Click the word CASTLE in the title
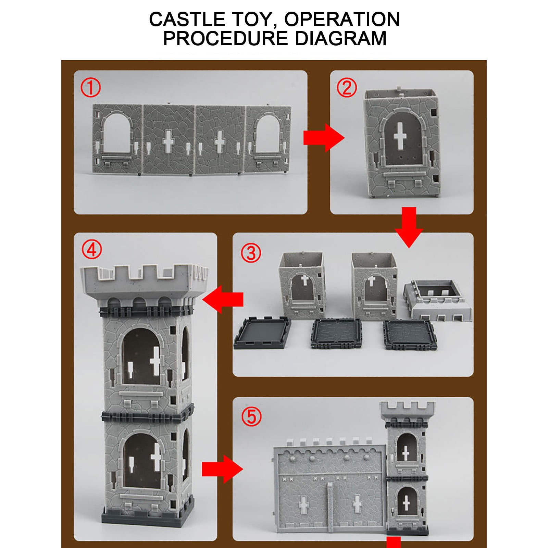187,19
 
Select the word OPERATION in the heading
342,19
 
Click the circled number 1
91,87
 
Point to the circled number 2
347,88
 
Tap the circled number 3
251,253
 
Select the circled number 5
251,416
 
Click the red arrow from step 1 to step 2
324,138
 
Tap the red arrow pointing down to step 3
409,227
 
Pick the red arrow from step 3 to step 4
223,299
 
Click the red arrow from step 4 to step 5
222,469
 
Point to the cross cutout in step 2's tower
400,136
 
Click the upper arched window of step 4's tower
141,356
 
